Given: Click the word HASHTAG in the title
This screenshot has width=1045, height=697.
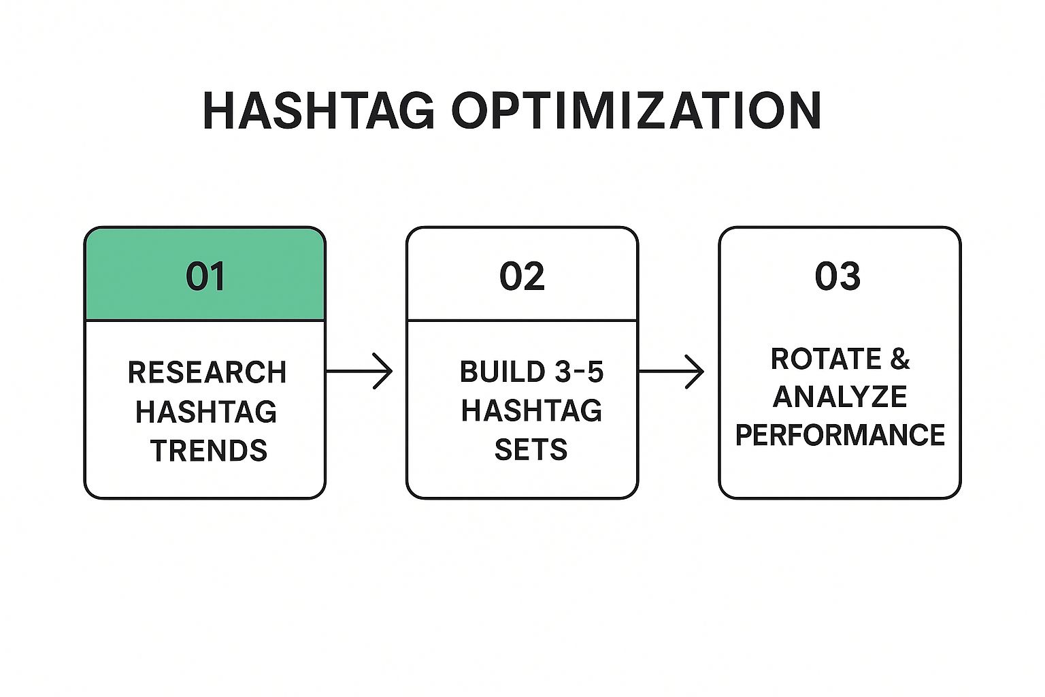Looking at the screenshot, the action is click(318, 110).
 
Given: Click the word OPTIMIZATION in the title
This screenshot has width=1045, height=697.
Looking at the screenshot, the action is click(637, 110).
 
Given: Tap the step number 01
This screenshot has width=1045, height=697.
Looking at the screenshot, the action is click(205, 276).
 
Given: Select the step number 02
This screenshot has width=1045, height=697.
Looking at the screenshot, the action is click(522, 276).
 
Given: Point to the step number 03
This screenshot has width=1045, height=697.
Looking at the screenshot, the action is click(838, 276).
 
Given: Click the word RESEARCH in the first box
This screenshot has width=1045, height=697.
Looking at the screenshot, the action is click(207, 372).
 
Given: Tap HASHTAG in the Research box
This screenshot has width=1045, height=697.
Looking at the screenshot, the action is click(206, 411).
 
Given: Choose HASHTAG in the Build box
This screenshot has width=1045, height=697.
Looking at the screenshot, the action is click(531, 410).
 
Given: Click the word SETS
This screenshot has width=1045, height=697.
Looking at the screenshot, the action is click(531, 449).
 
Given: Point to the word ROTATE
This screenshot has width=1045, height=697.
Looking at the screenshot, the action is click(826, 359).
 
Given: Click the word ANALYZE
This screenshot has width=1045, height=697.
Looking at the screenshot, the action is click(840, 397).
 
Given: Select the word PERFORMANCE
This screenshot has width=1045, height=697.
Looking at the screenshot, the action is click(840, 435).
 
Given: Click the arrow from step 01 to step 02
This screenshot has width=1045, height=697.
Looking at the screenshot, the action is click(359, 371).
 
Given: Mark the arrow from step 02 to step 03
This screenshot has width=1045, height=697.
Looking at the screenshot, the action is click(671, 371).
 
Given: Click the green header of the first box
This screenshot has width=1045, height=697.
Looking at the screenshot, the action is click(205, 274).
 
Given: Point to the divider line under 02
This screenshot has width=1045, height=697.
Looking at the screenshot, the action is click(522, 321).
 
